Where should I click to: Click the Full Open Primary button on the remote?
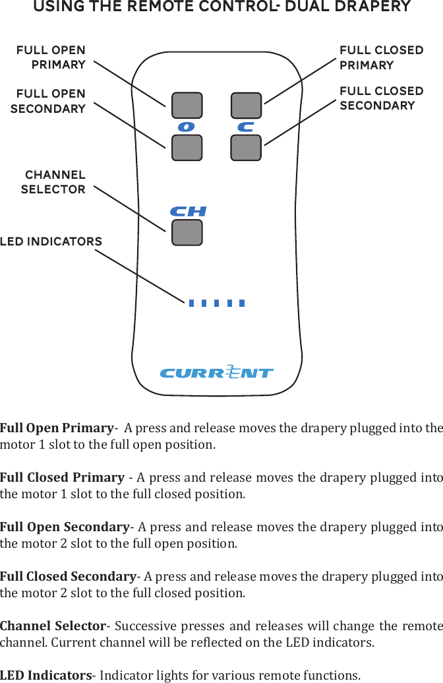click(187, 106)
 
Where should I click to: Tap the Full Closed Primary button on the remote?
click(246, 106)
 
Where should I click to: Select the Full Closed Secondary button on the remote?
click(246, 148)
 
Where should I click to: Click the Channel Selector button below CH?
click(187, 232)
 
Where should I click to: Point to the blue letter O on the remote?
click(187, 127)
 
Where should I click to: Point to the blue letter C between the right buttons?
click(246, 127)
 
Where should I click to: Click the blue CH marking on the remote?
click(188, 212)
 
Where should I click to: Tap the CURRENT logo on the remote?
click(217, 373)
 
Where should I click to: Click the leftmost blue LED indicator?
click(191, 304)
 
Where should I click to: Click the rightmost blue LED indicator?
click(242, 304)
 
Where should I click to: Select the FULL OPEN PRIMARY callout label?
click(51, 57)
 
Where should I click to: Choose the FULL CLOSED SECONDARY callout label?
click(381, 98)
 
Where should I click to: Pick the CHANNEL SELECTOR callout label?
click(54, 182)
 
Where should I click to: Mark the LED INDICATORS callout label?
click(51, 242)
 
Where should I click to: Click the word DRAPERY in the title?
click(366, 7)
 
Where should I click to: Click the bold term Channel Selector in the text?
click(53, 626)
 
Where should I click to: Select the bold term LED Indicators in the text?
click(45, 675)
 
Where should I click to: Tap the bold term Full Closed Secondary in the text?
click(68, 576)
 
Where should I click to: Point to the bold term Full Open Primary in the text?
click(57, 428)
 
